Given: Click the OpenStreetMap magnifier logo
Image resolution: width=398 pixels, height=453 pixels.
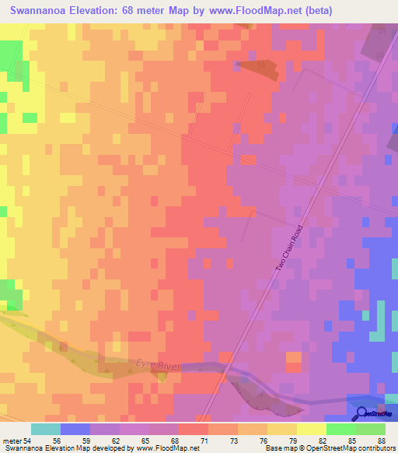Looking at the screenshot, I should tap(362, 414).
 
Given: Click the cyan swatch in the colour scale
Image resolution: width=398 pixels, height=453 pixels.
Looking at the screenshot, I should tap(46, 429).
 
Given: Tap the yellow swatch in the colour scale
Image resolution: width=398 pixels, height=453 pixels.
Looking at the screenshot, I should tap(312, 429).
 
